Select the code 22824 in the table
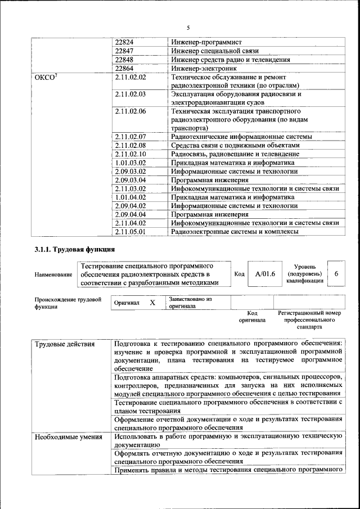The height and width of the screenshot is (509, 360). [124, 42]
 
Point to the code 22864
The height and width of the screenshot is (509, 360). [124, 68]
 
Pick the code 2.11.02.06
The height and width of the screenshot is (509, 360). [130, 111]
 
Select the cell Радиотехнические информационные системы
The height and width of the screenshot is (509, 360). [241, 137]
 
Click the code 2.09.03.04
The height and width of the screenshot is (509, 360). [130, 180]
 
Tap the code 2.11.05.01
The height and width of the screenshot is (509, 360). [130, 231]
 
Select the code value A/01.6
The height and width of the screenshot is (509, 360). [265, 274]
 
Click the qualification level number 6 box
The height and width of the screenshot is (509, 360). [336, 273]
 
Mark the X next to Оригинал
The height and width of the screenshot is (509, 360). [152, 303]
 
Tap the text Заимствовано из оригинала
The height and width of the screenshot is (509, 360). [190, 303]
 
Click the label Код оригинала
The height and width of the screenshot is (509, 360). [252, 316]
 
